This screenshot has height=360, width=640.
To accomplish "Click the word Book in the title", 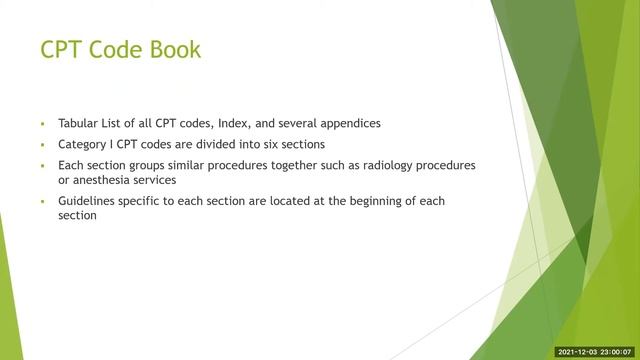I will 173,49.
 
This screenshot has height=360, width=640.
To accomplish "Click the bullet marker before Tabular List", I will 44,125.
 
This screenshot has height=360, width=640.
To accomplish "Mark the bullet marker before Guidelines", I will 44,202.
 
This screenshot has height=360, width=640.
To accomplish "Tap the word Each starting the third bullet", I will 72,164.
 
